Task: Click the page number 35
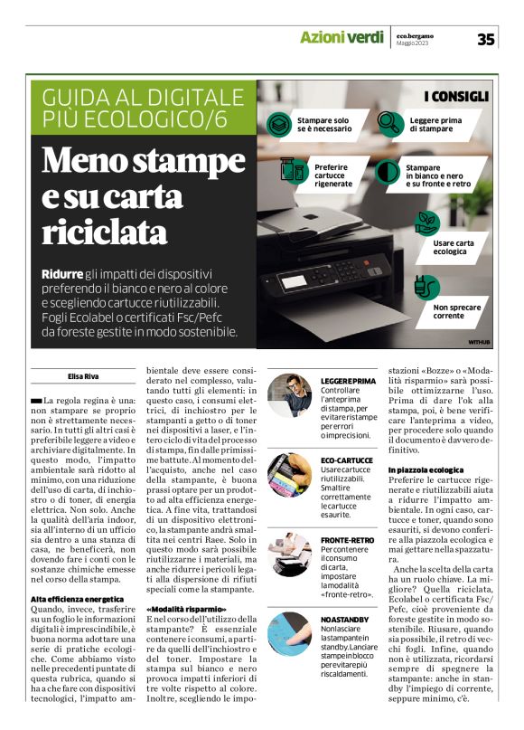486,39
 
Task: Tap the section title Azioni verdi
342,38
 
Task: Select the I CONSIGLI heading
456,96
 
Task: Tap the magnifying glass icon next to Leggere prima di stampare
389,121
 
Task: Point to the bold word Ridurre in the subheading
61,273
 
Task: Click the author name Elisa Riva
82,374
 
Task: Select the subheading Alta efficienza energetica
77,599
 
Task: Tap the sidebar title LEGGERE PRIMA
348,381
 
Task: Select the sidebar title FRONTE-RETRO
346,539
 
